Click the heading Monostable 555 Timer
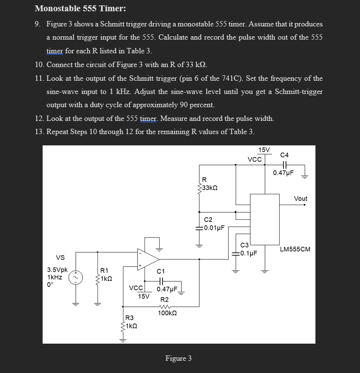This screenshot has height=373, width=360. (x=73, y=8)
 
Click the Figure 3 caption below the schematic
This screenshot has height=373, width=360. (x=178, y=358)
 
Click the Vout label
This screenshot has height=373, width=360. (x=300, y=198)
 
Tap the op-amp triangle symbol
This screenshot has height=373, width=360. (x=148, y=258)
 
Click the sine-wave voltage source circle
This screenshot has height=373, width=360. (x=75, y=278)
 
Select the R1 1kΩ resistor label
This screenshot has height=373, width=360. (x=106, y=274)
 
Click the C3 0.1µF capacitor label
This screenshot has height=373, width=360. (x=248, y=249)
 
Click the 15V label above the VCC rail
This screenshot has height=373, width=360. (x=264, y=149)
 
